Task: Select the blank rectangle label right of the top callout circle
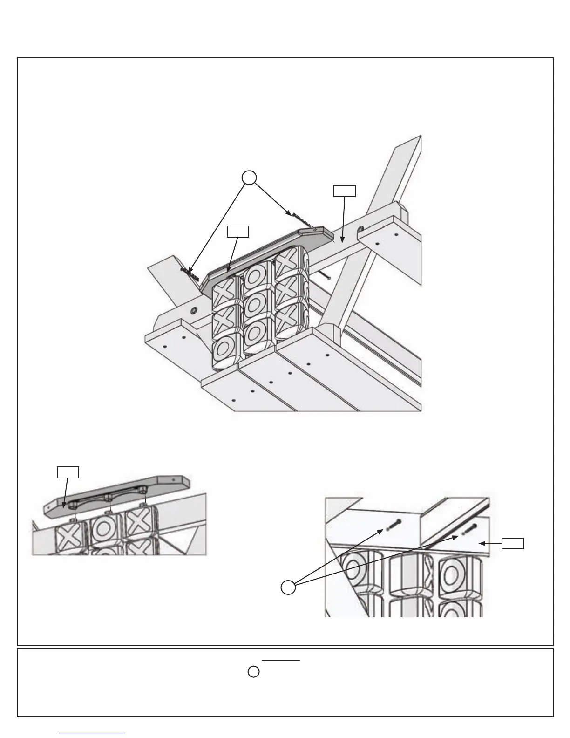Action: coord(345,191)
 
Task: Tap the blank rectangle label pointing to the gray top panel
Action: coord(238,232)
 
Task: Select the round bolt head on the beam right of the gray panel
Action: coord(361,230)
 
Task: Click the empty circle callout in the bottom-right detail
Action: coord(289,588)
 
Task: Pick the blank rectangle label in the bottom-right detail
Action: coord(513,543)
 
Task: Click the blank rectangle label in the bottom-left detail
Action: coord(68,472)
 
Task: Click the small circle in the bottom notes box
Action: coord(253,672)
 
